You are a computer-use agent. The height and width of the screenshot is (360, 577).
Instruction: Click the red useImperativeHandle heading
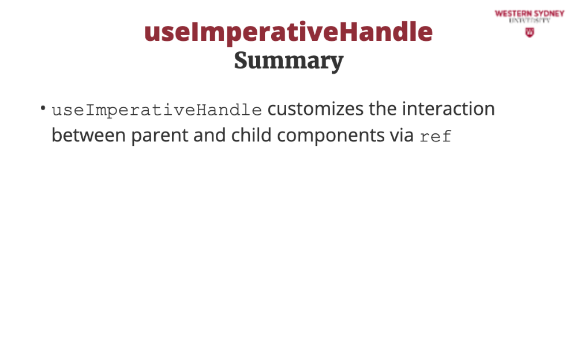click(x=288, y=32)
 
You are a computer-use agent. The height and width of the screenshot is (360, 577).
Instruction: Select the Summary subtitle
click(x=289, y=61)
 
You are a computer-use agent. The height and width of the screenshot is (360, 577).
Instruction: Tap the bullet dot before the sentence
click(x=43, y=108)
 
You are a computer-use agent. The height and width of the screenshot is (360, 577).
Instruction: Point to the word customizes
click(x=316, y=109)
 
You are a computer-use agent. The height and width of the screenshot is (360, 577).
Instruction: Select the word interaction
click(x=448, y=109)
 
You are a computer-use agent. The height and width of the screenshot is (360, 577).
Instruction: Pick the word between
click(x=89, y=136)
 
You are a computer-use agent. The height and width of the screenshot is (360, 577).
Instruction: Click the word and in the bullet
click(x=209, y=136)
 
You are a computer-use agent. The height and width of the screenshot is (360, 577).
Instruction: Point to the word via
click(x=402, y=136)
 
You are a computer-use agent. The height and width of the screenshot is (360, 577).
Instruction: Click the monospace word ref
click(x=436, y=137)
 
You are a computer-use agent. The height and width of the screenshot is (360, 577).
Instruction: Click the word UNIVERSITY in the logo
click(x=530, y=21)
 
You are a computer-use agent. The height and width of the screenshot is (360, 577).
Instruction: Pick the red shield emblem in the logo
click(x=530, y=33)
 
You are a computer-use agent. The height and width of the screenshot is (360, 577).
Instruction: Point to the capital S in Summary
click(x=241, y=61)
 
